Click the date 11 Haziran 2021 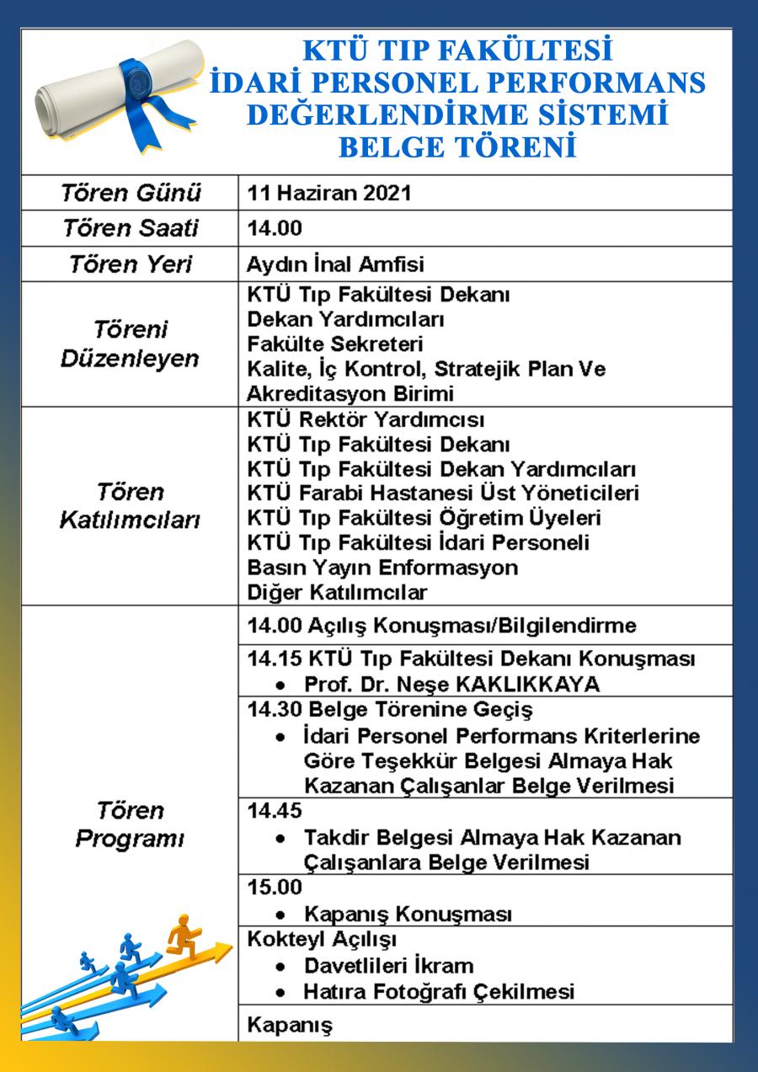(x=329, y=193)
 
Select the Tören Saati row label (x=131, y=228)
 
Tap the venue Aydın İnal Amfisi (x=335, y=264)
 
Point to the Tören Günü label (x=131, y=193)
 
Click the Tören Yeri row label (x=131, y=264)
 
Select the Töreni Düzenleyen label (x=130, y=344)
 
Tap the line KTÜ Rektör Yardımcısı (x=366, y=419)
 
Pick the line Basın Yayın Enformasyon (x=382, y=568)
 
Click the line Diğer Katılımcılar (x=337, y=592)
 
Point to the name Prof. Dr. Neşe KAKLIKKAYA (x=452, y=684)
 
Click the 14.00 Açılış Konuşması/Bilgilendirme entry (x=441, y=626)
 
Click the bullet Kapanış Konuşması (x=408, y=914)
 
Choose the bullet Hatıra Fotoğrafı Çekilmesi (x=439, y=991)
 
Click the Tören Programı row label (x=130, y=825)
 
